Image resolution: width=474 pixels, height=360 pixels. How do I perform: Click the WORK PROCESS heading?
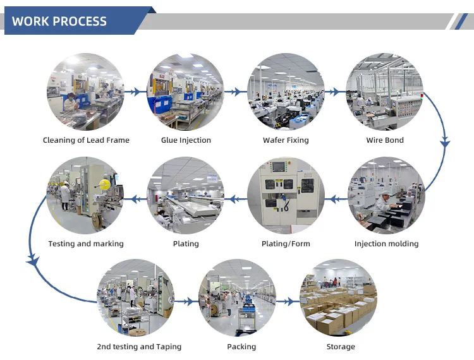[59, 21]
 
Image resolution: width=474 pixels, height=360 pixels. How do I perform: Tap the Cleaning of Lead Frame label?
[86, 140]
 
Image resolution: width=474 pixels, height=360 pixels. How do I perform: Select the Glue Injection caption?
[186, 140]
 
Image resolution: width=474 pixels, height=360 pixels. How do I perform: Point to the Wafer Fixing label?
[286, 140]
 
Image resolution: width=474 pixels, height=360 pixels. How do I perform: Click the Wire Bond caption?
[385, 140]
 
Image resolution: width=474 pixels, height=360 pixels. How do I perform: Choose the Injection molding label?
[386, 244]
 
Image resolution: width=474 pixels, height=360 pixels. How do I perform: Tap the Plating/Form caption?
[286, 244]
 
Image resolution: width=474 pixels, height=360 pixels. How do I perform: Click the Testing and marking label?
[86, 244]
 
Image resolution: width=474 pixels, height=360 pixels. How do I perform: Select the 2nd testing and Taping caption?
[139, 347]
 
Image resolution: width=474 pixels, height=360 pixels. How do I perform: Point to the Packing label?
[241, 347]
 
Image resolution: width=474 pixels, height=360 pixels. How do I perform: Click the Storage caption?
[341, 347]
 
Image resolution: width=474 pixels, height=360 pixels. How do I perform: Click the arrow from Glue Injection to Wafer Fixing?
[234, 92]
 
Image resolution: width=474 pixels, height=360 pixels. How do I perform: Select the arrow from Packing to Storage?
[288, 302]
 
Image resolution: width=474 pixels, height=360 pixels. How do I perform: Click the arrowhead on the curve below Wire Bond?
[445, 144]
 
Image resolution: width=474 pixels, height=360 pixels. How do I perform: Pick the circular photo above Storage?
[339, 297]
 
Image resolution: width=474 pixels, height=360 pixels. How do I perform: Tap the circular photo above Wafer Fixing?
[286, 92]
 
